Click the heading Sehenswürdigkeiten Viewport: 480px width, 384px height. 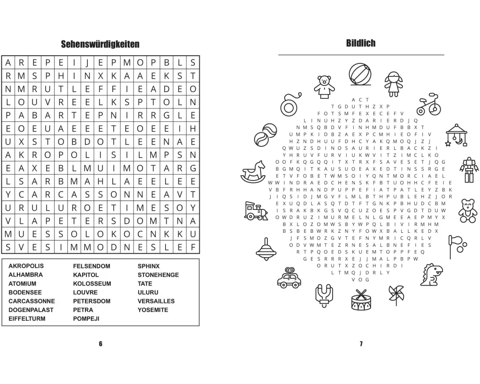[x=100, y=45]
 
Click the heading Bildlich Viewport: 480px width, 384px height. [x=360, y=43]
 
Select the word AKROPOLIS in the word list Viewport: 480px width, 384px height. [x=26, y=266]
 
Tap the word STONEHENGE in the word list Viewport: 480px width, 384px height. [x=158, y=275]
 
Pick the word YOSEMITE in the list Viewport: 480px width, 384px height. [x=153, y=310]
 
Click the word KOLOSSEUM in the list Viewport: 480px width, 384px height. [x=92, y=284]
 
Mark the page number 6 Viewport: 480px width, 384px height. [x=100, y=344]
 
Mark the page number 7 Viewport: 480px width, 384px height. [x=360, y=344]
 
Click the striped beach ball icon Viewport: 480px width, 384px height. [x=360, y=74]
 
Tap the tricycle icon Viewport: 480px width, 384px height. [x=427, y=104]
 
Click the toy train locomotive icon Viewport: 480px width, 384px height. [x=255, y=211]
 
